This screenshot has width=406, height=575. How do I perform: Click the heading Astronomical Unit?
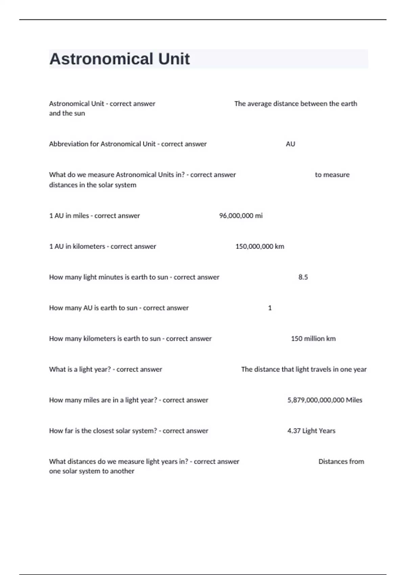(119, 59)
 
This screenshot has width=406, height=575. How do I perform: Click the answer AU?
(290, 144)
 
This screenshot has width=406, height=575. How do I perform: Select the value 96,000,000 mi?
(241, 216)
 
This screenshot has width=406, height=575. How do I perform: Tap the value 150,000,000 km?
(260, 247)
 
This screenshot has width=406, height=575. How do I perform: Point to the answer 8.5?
(303, 277)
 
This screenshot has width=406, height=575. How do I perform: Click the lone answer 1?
(270, 308)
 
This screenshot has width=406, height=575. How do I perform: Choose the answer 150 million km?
(313, 339)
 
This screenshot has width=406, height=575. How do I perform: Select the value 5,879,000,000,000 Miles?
(324, 400)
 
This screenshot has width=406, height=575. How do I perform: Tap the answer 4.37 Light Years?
(311, 431)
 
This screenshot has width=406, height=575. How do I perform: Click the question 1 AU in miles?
(94, 216)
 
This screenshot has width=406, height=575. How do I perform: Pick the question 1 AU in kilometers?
(103, 247)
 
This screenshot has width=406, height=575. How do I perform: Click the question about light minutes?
(134, 277)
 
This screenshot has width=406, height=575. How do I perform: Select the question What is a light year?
(105, 369)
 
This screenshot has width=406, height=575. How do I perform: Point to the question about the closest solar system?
(129, 431)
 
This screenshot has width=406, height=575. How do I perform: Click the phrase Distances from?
(341, 462)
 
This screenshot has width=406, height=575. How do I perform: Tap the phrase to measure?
(332, 175)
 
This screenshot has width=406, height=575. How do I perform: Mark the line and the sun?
(67, 113)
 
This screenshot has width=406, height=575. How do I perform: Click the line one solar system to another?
(91, 471)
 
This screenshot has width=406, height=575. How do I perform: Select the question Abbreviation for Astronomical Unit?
(128, 144)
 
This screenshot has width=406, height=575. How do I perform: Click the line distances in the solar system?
(92, 185)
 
